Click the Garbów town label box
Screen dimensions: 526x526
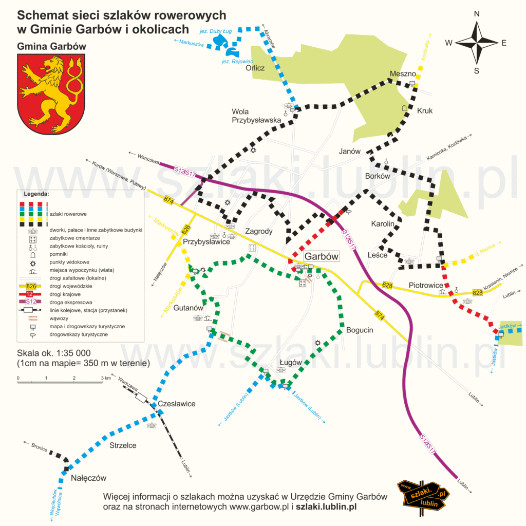point(321,256)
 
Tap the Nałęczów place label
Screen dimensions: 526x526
point(88,478)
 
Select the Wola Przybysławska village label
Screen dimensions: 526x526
point(256,116)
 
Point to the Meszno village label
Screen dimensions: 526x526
point(403,73)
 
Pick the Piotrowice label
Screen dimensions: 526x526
point(426,285)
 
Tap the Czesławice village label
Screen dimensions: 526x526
point(177,404)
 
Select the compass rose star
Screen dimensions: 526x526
point(477,43)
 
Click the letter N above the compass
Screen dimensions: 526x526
point(477,14)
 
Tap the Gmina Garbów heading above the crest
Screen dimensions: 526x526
point(51,46)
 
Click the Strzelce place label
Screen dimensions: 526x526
point(123,445)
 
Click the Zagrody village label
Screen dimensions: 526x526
point(258,231)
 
